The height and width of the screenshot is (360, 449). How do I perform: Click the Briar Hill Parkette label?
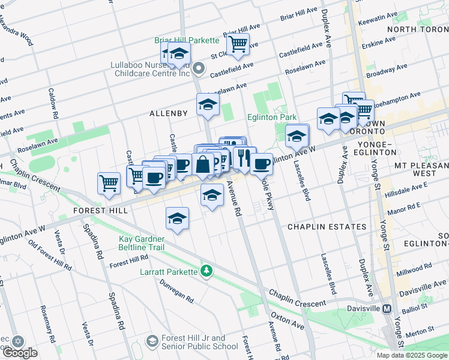(187, 40)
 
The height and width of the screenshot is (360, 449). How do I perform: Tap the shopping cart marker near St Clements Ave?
(238, 44)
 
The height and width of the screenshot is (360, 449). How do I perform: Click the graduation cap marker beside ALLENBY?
(208, 104)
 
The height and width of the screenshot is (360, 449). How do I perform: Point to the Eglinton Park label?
(273, 118)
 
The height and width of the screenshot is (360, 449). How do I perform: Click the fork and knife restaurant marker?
(243, 157)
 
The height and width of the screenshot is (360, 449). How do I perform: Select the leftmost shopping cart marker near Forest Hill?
(109, 182)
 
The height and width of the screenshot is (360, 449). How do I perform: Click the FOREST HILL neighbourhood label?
(100, 211)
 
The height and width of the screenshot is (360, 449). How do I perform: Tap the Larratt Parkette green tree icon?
(207, 272)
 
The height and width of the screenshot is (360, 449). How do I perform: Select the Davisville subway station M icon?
(387, 308)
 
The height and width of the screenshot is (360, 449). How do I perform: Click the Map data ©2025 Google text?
(412, 355)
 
